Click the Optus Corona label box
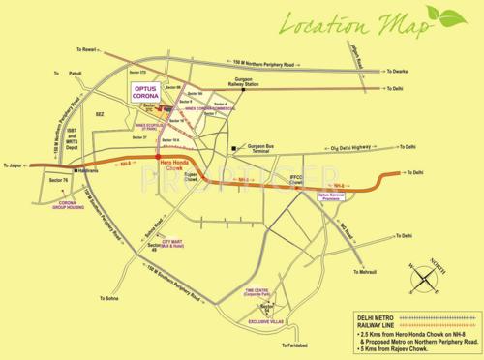(x=150, y=94)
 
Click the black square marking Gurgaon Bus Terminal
(x=234, y=148)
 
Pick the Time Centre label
(x=257, y=289)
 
